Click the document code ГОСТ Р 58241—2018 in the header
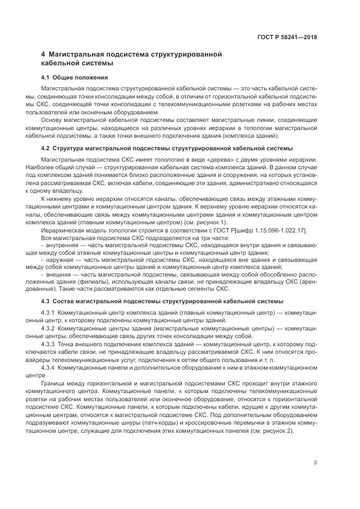[x=287, y=38]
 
